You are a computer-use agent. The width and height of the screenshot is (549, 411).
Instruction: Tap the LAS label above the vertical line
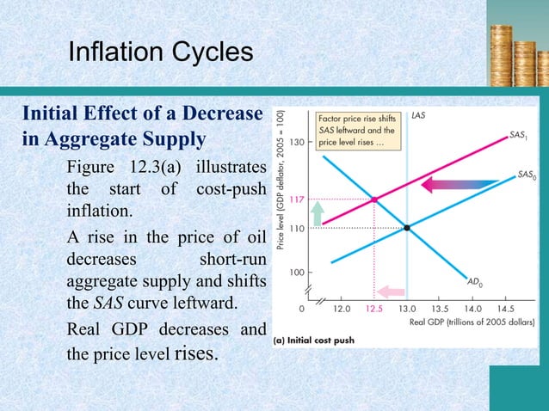click(419, 113)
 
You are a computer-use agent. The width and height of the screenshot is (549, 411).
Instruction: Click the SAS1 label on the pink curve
click(518, 135)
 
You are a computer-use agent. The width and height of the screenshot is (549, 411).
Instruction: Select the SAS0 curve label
click(527, 175)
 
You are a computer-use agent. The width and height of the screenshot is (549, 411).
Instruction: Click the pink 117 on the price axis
click(297, 199)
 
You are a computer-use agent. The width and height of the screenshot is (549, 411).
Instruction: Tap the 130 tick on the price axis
click(296, 143)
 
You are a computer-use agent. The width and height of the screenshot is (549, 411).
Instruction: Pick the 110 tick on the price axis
click(297, 228)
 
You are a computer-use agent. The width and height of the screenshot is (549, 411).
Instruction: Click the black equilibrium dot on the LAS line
click(407, 228)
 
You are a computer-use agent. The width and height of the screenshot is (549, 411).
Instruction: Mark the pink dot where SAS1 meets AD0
click(373, 199)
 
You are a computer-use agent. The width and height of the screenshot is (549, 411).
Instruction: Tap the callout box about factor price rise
click(358, 131)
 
